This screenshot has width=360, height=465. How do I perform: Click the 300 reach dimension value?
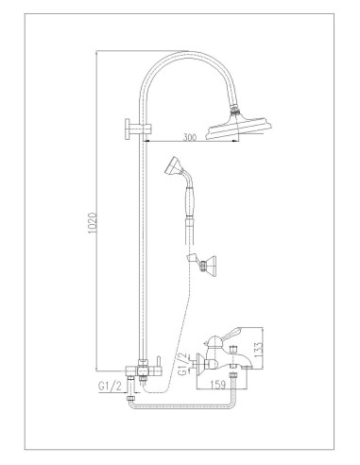[x=189, y=139]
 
